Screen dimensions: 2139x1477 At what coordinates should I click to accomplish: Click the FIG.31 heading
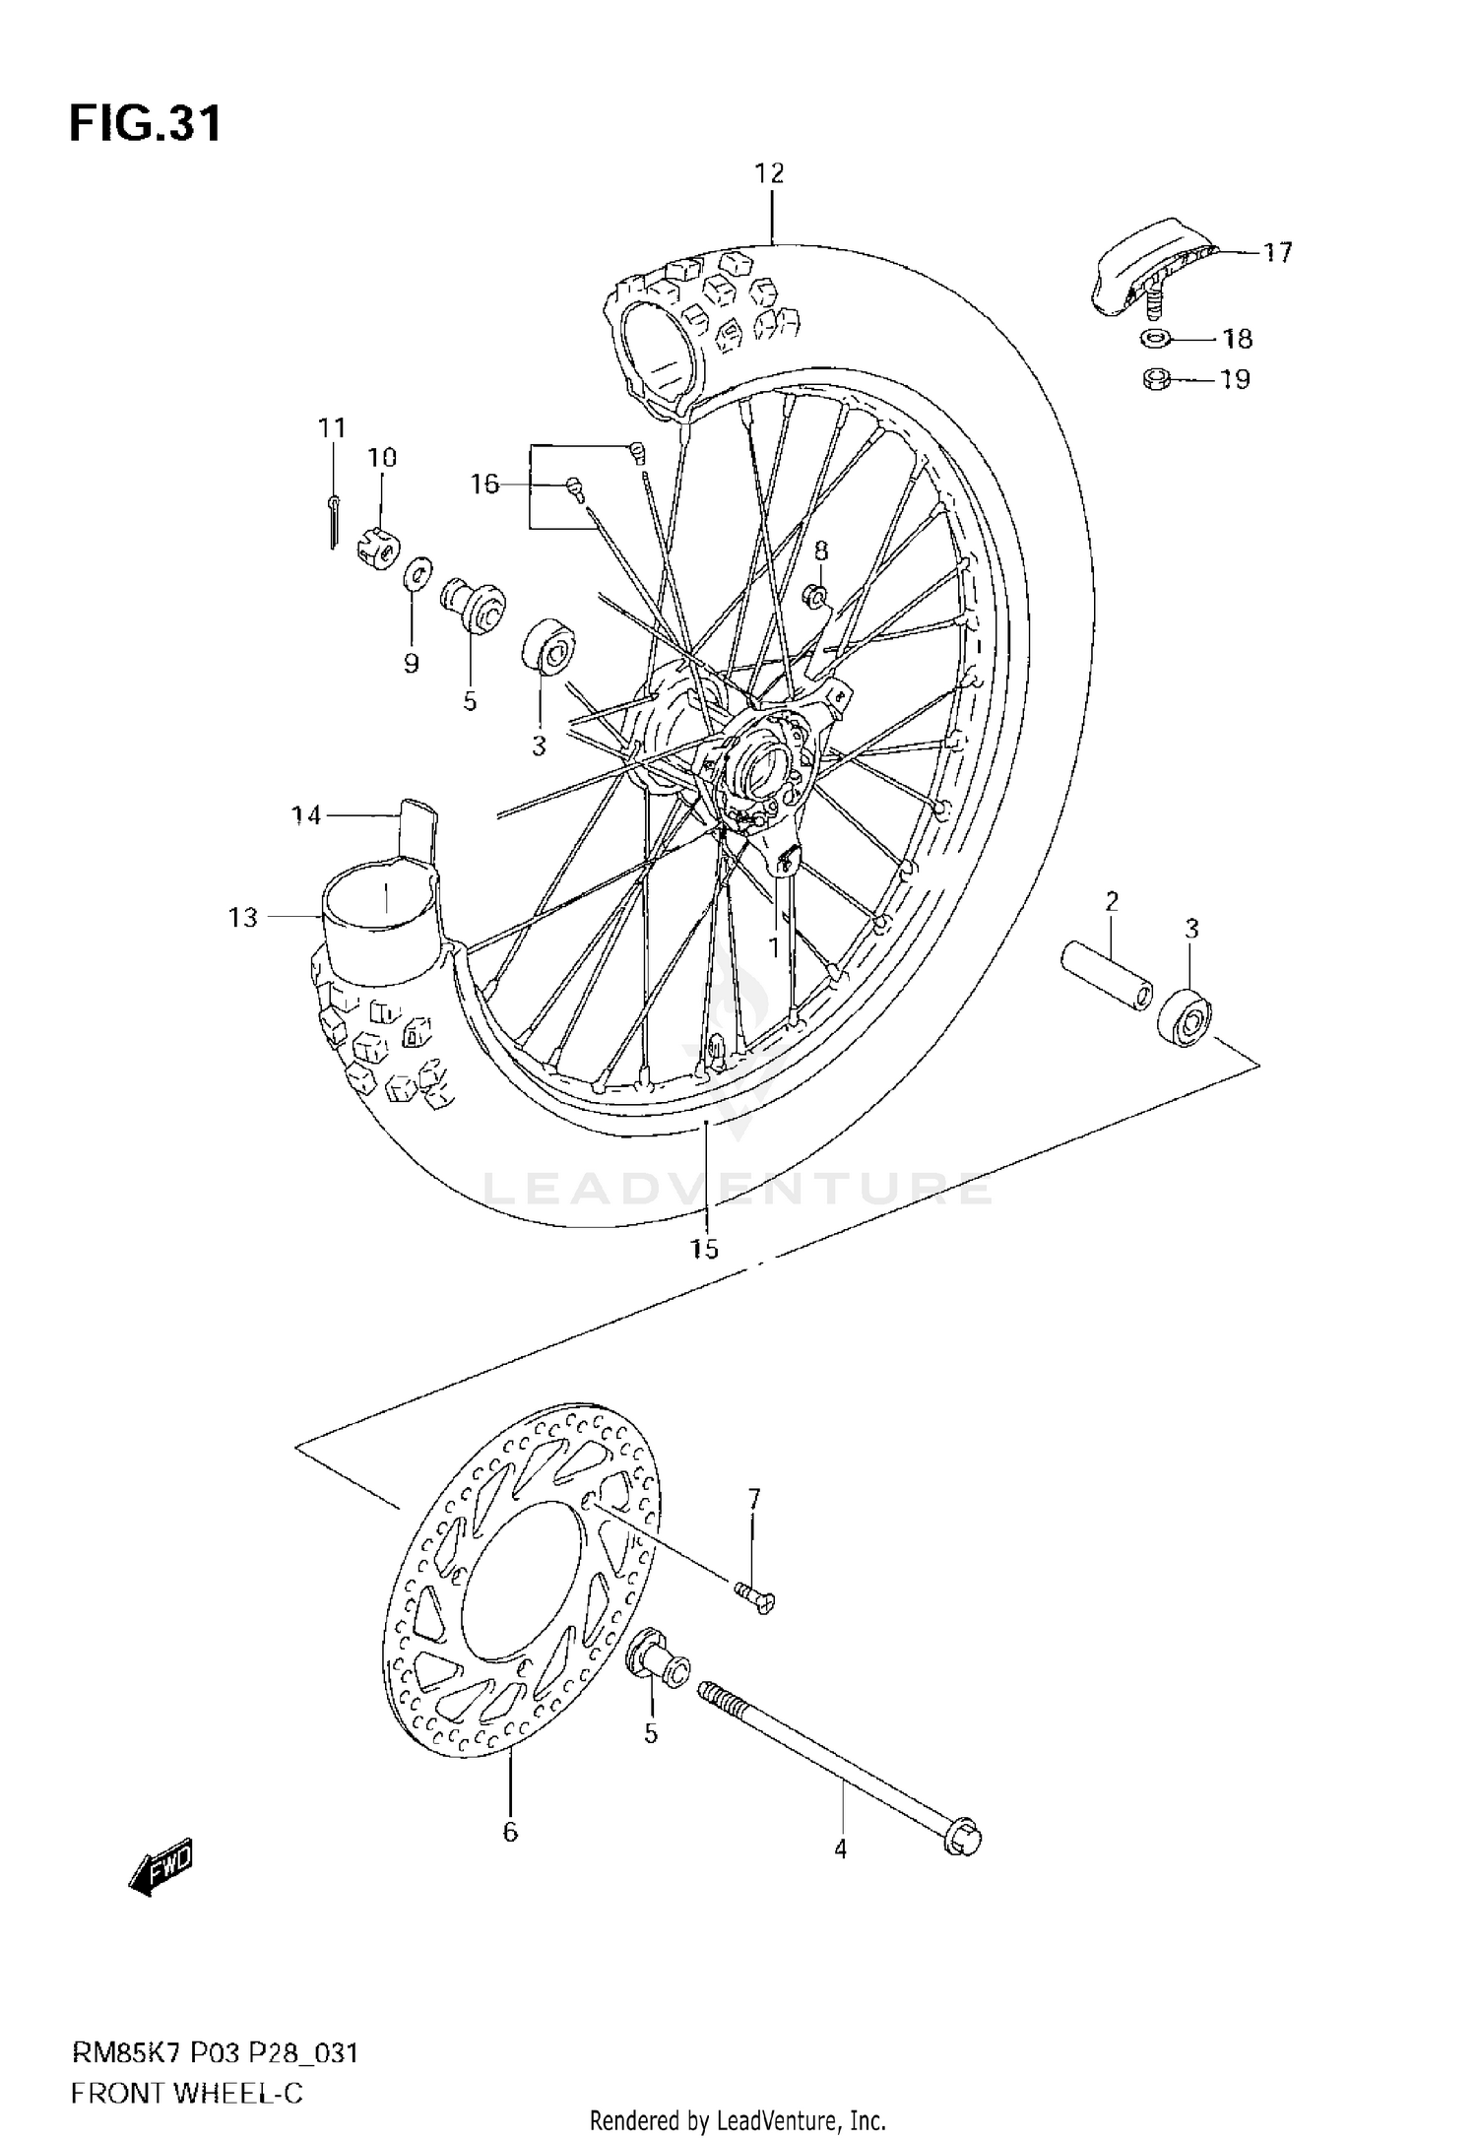pyautogui.click(x=145, y=125)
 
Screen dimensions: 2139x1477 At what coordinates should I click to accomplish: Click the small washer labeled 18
pyautogui.click(x=1156, y=339)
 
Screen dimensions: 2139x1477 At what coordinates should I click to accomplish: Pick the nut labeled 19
pyautogui.click(x=1156, y=378)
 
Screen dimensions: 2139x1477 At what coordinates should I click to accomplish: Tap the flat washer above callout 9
pyautogui.click(x=418, y=573)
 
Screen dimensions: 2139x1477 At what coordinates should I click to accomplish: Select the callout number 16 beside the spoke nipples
pyautogui.click(x=484, y=485)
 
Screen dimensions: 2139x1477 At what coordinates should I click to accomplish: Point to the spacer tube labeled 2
pyautogui.click(x=1106, y=975)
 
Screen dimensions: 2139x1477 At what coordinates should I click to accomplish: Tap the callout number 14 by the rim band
pyautogui.click(x=306, y=815)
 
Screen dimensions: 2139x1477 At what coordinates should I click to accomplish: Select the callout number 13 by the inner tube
pyautogui.click(x=242, y=917)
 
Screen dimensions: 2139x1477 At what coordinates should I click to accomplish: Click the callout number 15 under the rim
pyautogui.click(x=704, y=1249)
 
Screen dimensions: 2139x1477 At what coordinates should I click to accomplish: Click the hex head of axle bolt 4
pyautogui.click(x=963, y=1839)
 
